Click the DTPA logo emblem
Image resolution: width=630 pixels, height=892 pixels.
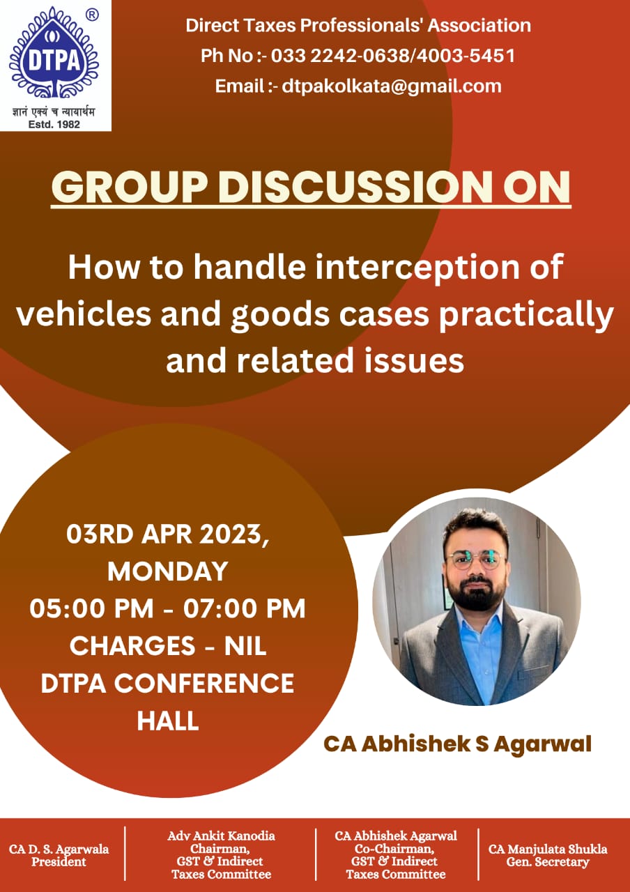(x=54, y=52)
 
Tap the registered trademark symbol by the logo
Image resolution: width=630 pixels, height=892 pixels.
(x=93, y=15)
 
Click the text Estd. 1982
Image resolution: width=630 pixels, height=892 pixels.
(x=54, y=125)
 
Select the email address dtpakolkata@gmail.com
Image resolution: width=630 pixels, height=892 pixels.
(x=392, y=86)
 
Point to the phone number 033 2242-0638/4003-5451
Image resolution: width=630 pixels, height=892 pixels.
(x=393, y=55)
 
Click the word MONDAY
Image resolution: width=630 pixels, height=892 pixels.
(x=168, y=571)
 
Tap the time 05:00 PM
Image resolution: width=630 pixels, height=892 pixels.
(x=91, y=608)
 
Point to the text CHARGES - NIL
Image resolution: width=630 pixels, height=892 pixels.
(x=168, y=645)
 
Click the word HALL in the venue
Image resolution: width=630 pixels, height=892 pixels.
(x=168, y=721)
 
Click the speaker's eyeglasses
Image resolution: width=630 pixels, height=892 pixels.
(x=477, y=559)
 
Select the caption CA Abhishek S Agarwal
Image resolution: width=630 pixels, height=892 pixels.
(x=457, y=744)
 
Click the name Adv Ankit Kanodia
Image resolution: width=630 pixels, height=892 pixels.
(x=221, y=836)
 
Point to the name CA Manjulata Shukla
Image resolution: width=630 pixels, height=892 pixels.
(x=548, y=849)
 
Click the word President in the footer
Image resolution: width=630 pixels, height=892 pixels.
(x=59, y=861)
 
